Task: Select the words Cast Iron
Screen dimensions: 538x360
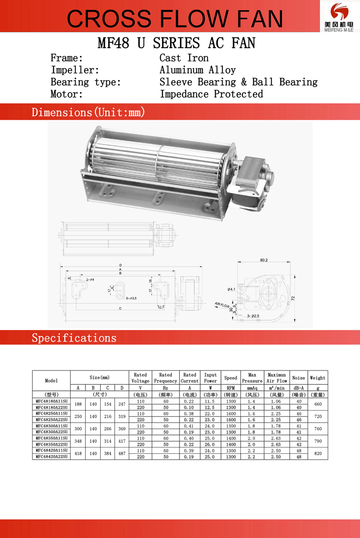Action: (184, 58)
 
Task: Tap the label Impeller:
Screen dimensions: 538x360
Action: (75, 70)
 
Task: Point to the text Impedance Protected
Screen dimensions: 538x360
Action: (211, 94)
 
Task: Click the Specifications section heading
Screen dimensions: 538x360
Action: (74, 338)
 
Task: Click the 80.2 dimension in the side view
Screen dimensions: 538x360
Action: (264, 260)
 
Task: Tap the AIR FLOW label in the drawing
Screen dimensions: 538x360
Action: (223, 305)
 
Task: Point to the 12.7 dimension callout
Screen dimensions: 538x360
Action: (161, 307)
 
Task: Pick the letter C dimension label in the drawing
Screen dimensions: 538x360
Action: (120, 308)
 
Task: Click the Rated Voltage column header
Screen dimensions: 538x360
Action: (140, 378)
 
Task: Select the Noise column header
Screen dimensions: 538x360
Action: (298, 378)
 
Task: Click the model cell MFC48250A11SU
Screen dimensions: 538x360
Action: (51, 413)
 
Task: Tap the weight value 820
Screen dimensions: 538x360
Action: (318, 453)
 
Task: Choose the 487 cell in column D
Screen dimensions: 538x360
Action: (121, 453)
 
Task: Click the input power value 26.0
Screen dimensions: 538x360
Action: (210, 444)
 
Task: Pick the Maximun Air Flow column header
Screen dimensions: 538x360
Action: (277, 378)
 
